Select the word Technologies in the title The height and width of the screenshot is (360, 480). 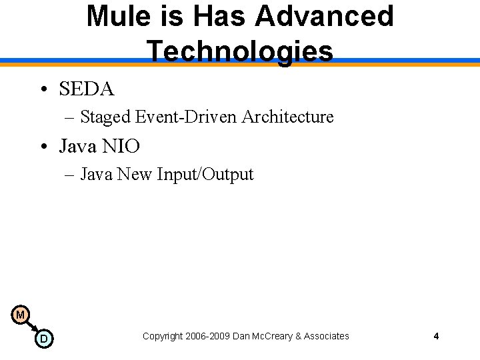pyautogui.click(x=240, y=51)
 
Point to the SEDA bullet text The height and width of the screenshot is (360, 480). pyautogui.click(x=87, y=89)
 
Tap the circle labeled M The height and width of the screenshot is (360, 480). pyautogui.click(x=20, y=315)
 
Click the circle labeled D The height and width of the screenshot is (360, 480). pyautogui.click(x=44, y=339)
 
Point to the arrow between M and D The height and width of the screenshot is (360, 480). pyautogui.click(x=32, y=327)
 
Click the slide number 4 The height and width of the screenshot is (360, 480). pyautogui.click(x=436, y=336)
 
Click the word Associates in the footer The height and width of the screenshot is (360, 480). pyautogui.click(x=326, y=336)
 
